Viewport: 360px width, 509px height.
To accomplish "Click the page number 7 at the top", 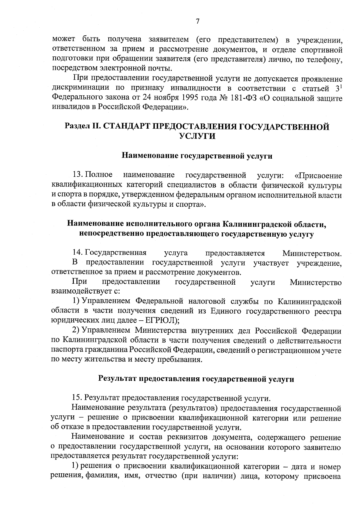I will [197, 21].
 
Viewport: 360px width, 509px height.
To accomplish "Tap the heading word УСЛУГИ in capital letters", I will [197, 136].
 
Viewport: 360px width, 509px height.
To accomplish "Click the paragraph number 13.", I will [78, 175].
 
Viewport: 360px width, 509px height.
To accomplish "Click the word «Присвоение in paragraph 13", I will [318, 175].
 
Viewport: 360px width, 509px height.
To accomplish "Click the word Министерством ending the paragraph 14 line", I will [312, 254].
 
